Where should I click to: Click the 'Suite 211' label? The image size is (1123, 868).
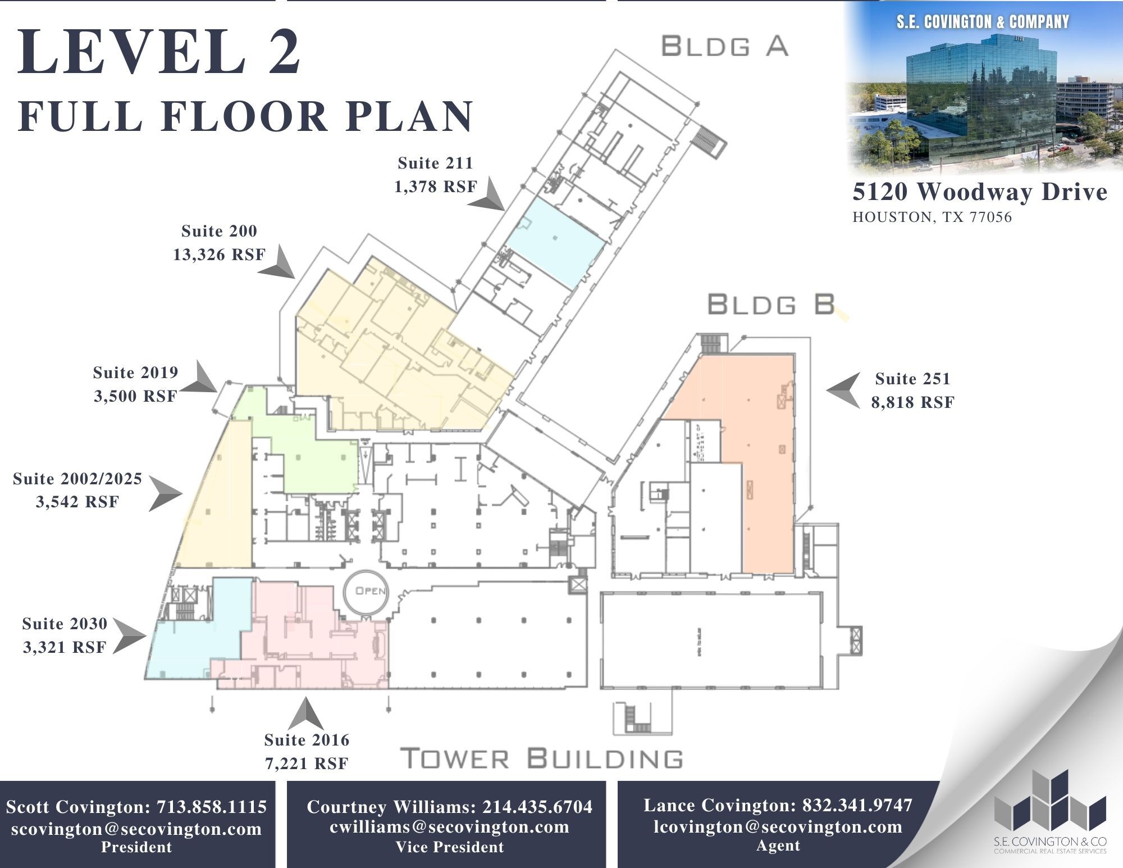point(435,163)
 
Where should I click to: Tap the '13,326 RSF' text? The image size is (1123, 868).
point(219,255)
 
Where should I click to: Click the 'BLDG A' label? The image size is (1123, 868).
point(724,46)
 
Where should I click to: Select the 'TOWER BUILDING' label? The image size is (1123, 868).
point(542,759)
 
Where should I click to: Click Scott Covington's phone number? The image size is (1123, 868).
point(212,807)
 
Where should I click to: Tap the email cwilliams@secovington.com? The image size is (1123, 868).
point(449,827)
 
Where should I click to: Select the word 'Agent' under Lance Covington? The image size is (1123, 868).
point(778,846)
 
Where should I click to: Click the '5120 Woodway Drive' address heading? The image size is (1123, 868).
point(979,192)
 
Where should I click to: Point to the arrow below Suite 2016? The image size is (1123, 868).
point(305,714)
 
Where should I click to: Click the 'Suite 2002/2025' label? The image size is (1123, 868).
point(77,479)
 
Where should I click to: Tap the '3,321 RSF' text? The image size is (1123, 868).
point(65,648)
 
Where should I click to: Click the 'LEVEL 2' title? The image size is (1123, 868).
point(160,52)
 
